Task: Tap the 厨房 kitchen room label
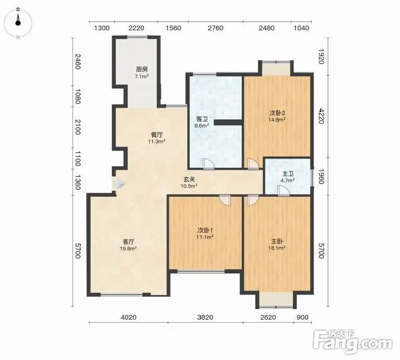142,69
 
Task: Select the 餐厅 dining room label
157,135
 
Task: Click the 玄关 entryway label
189,180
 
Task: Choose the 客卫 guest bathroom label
202,119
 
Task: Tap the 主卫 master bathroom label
288,174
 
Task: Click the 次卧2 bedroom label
277,113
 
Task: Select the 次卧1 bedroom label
205,230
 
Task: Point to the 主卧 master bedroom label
277,241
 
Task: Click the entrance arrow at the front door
118,184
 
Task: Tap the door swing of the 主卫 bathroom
283,191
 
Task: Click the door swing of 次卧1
225,200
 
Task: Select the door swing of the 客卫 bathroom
209,164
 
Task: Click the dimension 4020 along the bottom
128,317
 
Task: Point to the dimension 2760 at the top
215,28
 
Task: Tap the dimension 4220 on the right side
321,116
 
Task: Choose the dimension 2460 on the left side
78,61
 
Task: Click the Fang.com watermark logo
353,341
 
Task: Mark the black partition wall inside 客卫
228,122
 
